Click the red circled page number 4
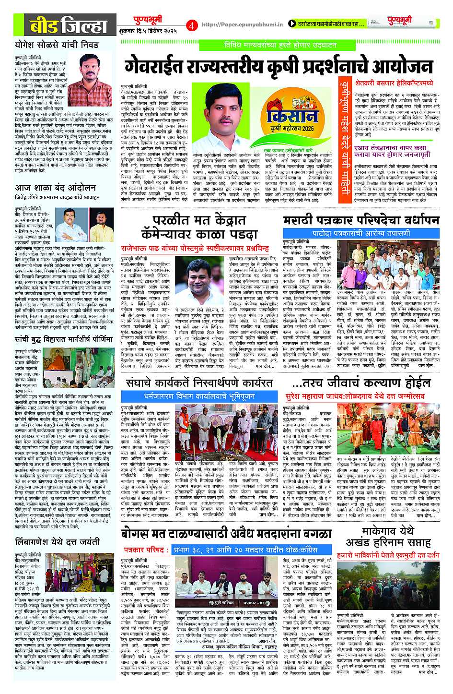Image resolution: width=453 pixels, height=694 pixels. point(192,24)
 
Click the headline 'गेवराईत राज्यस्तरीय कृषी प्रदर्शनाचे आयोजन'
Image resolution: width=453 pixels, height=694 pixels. point(279,66)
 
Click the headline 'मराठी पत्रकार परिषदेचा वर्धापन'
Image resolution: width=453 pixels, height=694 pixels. point(361,220)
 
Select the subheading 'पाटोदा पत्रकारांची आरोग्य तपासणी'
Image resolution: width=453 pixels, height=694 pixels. point(361,233)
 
